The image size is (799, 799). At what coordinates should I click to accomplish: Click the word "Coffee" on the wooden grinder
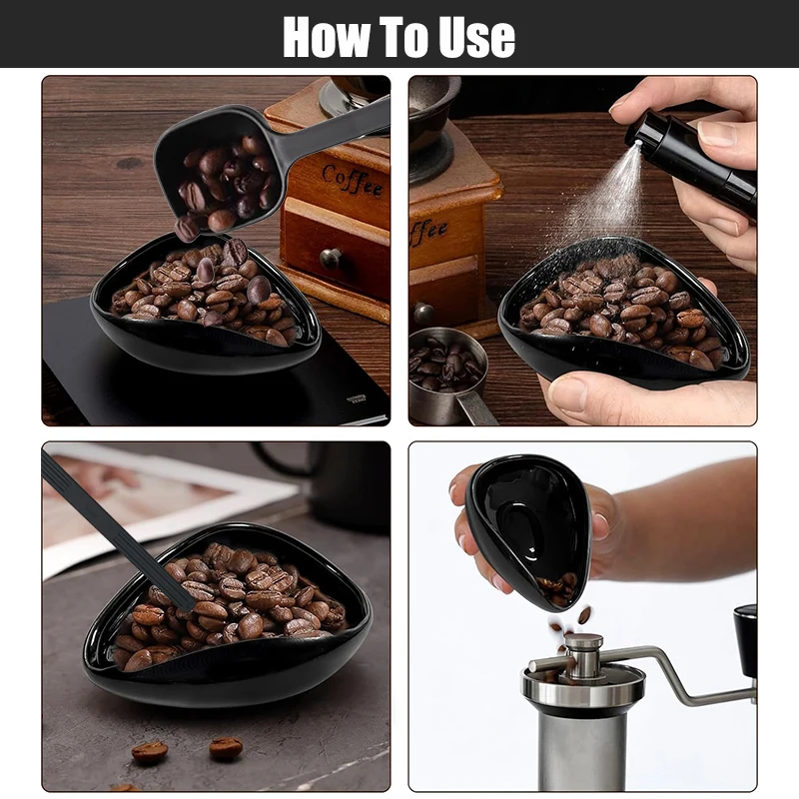pos(353,179)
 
